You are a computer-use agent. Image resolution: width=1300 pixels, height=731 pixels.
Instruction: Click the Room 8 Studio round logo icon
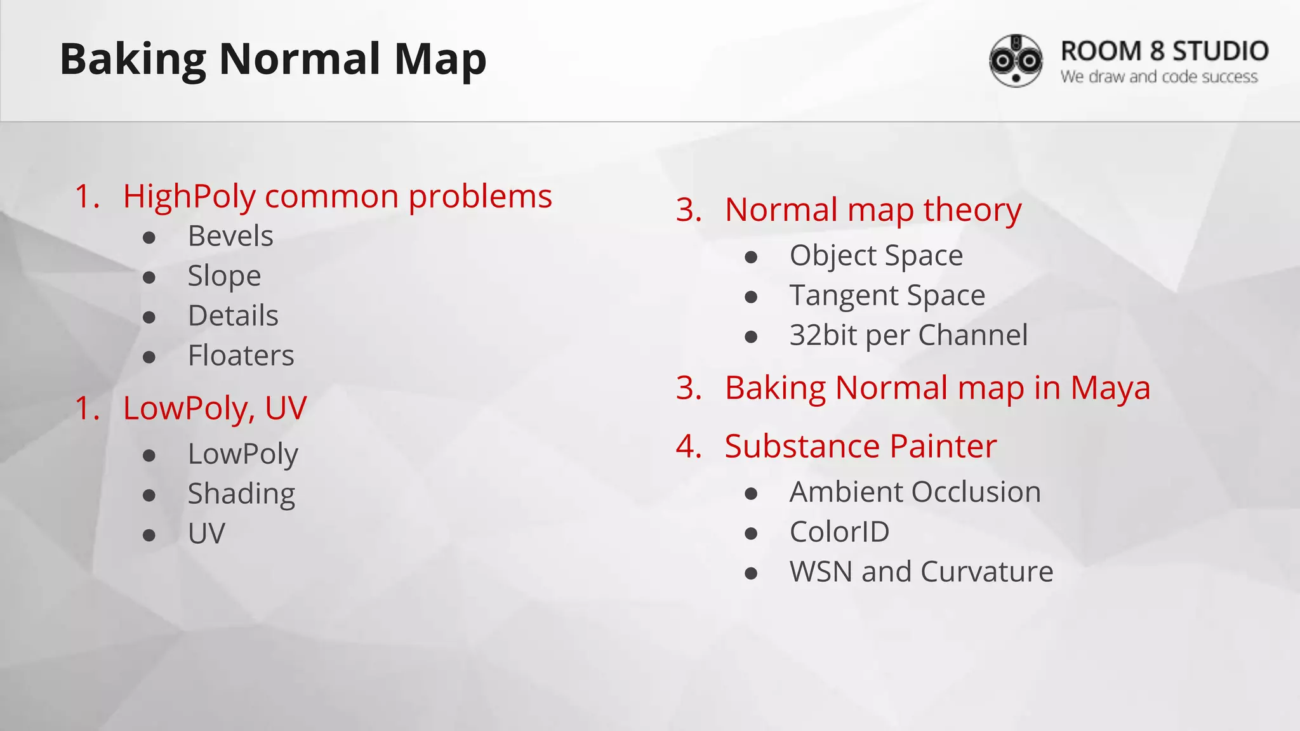[x=1016, y=60]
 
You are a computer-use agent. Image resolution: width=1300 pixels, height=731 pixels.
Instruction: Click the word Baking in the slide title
[x=133, y=59]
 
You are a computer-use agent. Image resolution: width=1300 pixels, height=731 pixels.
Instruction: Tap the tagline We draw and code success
[x=1158, y=77]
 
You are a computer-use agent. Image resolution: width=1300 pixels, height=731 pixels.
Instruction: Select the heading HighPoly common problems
[x=337, y=196]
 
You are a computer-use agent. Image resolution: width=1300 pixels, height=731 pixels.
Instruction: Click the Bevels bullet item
[x=230, y=236]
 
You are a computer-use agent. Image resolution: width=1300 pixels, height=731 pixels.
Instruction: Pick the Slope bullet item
[x=224, y=276]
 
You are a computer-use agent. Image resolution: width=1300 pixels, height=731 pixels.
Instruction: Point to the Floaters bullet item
[x=241, y=355]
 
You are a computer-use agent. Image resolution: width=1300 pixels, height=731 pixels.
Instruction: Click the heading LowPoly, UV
[x=215, y=408]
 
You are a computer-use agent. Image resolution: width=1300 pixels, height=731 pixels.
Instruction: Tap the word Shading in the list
[x=241, y=494]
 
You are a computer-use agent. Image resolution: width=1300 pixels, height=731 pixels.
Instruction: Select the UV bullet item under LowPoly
[x=206, y=534]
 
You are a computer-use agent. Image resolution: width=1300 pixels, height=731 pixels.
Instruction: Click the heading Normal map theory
[x=873, y=210]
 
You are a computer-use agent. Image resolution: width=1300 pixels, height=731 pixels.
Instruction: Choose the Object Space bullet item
[x=876, y=256]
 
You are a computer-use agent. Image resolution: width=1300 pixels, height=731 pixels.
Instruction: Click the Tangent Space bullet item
[x=887, y=296]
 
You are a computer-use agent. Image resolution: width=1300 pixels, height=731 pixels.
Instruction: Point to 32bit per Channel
[x=908, y=335]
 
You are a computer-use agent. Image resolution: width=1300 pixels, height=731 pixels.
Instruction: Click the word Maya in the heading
[x=1110, y=388]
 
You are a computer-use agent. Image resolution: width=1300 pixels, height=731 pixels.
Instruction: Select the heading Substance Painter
[x=860, y=446]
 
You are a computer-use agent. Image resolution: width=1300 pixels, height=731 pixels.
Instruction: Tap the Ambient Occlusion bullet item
[x=915, y=492]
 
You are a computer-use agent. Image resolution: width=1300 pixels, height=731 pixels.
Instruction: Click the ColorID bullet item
[x=839, y=532]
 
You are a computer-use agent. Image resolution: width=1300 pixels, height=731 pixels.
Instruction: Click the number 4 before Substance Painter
[x=687, y=446]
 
